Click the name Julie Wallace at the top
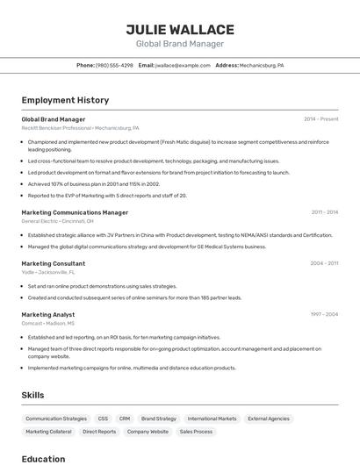coord(180,29)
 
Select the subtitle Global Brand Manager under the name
coord(180,44)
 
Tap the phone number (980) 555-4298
coord(114,65)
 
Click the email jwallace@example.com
coord(183,65)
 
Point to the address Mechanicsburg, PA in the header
coord(262,65)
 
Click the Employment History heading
coord(65,101)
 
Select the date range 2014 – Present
coord(320,119)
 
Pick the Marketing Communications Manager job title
coord(75,212)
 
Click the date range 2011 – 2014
coord(324,212)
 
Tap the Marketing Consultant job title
coord(53,263)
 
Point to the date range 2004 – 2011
coord(324,263)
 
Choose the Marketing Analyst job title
coord(47,314)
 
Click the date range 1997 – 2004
coord(324,314)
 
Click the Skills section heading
coord(32,396)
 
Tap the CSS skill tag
coord(103,418)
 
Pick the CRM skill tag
coord(125,418)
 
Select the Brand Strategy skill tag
coord(159,418)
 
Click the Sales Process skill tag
coord(196,432)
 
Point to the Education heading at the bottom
coord(43,459)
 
